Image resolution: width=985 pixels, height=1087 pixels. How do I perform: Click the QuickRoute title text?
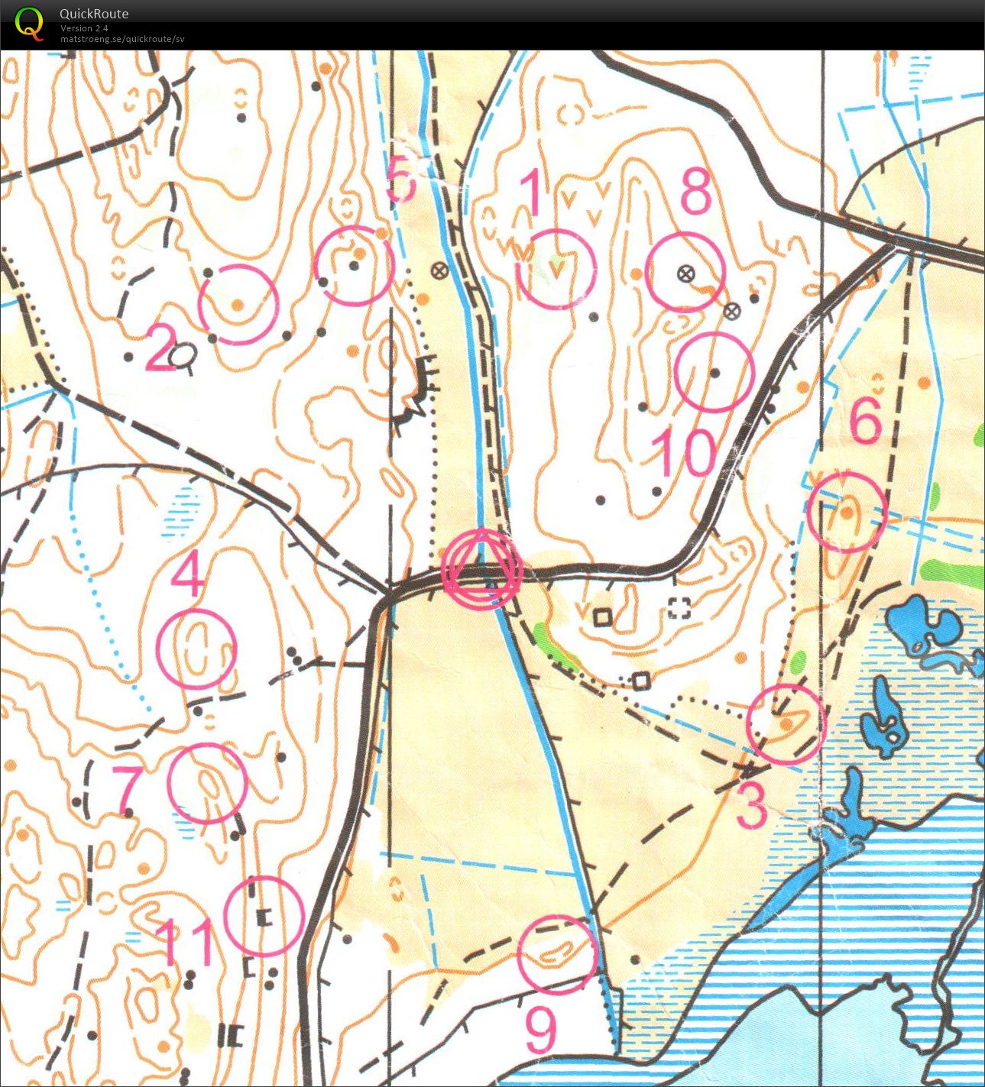coord(94,13)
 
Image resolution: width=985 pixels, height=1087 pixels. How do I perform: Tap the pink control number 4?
coord(186,574)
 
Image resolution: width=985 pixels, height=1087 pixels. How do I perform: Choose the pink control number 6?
coord(866,419)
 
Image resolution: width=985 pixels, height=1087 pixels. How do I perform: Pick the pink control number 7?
coord(128,789)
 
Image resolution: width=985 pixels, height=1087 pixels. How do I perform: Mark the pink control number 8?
coord(695,192)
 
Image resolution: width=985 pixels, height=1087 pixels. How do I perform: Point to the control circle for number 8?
coord(685,272)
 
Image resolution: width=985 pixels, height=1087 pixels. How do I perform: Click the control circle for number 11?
coord(264,916)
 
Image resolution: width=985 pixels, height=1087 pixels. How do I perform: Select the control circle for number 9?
coord(556,955)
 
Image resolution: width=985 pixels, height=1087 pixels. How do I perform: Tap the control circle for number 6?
coord(847,512)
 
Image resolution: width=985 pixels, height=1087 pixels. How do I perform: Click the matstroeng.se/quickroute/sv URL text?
coord(122,39)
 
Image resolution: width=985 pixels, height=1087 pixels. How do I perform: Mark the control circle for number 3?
coord(786,724)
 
